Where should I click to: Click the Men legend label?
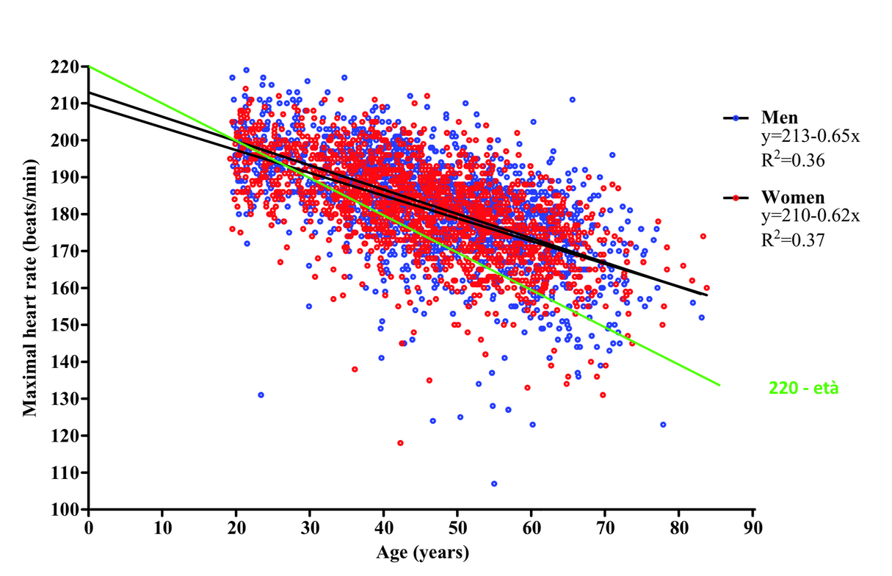click(778, 118)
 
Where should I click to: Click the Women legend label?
click(792, 197)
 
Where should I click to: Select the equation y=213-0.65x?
click(807, 137)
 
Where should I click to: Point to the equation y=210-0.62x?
click(807, 216)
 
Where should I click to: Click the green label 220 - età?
click(803, 387)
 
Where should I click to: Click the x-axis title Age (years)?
click(423, 552)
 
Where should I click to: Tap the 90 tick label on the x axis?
click(753, 527)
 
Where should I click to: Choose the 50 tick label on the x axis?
click(457, 527)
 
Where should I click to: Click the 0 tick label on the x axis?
click(89, 527)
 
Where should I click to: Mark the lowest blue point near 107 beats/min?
click(494, 483)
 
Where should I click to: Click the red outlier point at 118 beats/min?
click(400, 443)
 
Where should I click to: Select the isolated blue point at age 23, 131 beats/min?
click(261, 395)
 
